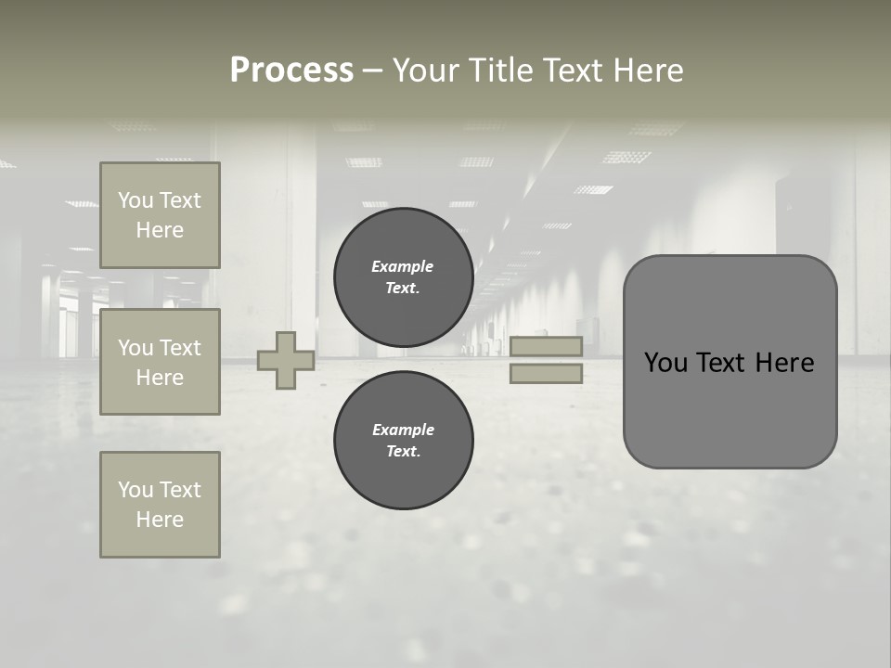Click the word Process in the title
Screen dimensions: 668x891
point(291,71)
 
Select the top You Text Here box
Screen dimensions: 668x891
point(160,215)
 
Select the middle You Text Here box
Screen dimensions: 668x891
point(160,362)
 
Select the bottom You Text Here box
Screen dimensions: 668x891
point(160,505)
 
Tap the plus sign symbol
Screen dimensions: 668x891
point(286,360)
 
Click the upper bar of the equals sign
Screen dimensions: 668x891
point(546,346)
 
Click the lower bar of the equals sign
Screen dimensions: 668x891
point(546,373)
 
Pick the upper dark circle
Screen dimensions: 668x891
point(403,276)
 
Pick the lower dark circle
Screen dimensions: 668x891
point(403,440)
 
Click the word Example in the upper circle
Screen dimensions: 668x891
point(402,266)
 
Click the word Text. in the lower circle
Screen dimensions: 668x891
point(403,451)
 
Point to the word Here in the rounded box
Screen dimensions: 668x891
point(784,363)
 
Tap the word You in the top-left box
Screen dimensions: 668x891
point(136,200)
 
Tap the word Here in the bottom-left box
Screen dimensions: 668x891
point(160,520)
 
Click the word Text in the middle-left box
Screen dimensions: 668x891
point(179,348)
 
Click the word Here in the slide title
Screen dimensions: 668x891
point(648,71)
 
